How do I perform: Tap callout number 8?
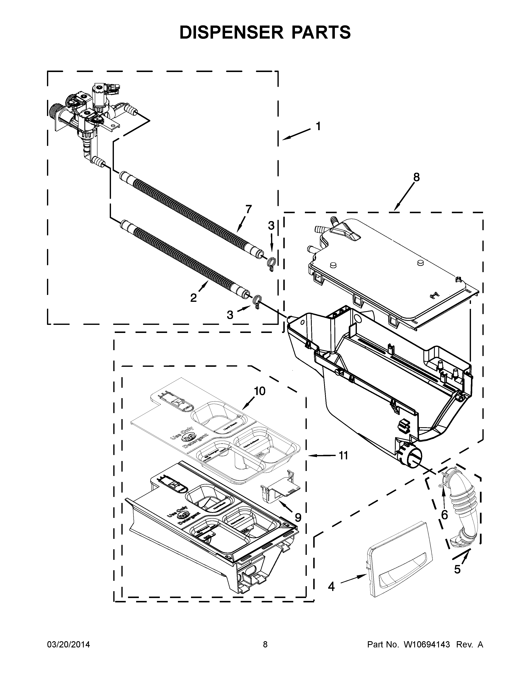(x=416, y=177)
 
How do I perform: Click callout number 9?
(x=298, y=517)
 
